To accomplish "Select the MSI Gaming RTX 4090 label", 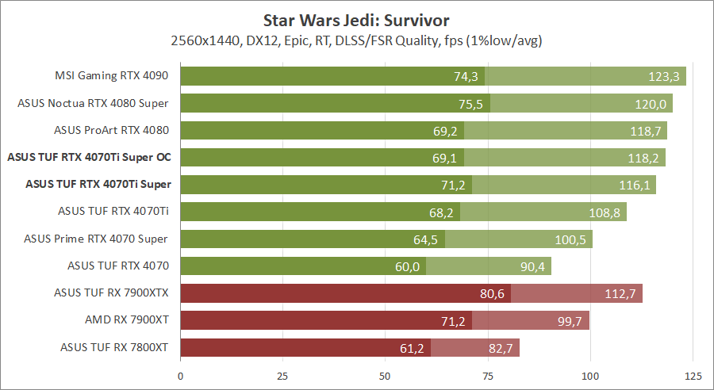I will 112,76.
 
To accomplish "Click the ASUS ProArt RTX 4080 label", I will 112,130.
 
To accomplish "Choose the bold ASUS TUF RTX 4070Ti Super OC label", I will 90,157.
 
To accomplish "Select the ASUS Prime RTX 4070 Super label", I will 96,239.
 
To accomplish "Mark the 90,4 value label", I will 532,266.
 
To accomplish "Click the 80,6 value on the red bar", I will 490,293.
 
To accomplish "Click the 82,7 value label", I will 500,347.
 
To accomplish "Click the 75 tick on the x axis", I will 488,374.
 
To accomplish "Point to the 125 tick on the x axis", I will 693,374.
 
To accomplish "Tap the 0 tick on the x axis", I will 181,374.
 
